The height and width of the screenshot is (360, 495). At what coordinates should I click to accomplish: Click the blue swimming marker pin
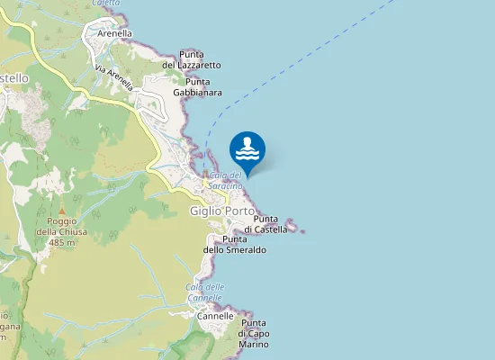247,149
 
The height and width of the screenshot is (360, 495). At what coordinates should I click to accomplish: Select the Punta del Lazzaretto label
191,59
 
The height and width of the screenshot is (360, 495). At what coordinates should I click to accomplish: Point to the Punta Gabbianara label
197,86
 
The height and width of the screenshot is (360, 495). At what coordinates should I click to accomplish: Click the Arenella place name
114,34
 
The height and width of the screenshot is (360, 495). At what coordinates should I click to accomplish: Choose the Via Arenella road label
114,78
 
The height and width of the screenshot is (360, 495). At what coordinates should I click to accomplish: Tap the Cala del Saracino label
225,180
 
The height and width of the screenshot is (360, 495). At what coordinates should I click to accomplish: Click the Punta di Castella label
270,224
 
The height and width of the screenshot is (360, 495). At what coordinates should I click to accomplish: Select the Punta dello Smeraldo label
234,244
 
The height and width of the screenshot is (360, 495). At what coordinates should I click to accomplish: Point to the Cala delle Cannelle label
204,292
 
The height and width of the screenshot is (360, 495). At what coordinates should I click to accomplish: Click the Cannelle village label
215,316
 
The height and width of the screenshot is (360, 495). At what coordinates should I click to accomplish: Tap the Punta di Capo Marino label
254,334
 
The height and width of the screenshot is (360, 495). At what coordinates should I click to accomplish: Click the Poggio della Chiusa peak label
61,226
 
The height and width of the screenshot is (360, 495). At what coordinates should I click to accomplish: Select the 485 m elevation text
61,243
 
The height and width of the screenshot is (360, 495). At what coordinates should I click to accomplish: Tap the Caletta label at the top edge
106,4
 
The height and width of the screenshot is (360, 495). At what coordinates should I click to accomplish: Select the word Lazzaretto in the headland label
197,65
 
